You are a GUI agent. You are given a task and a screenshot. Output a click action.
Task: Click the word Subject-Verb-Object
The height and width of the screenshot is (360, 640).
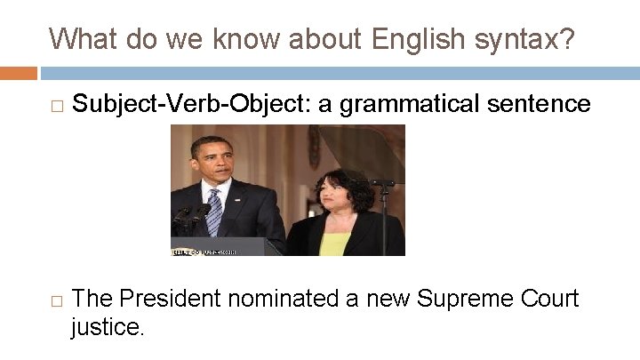191,105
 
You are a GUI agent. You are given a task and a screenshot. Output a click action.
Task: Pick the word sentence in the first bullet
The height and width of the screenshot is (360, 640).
548,104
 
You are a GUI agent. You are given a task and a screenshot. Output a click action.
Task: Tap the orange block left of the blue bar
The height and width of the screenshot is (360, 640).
19,72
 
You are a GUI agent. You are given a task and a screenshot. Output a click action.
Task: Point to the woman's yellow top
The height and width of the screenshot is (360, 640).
334,243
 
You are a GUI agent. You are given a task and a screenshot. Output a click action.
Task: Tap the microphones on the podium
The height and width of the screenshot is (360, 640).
188,215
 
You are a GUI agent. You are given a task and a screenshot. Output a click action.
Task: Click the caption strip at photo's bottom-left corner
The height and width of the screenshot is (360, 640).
204,252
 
